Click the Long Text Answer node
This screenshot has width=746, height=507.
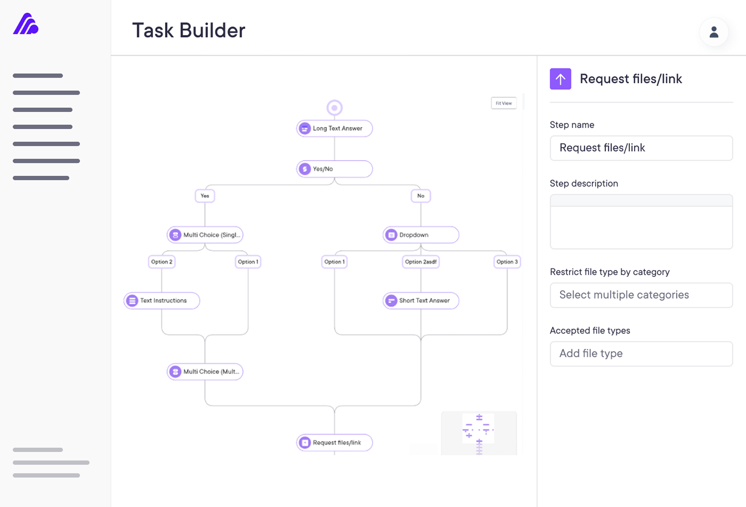point(334,128)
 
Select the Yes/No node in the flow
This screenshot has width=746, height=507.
point(334,169)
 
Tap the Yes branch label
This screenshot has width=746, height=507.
point(205,196)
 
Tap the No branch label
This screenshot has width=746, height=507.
point(420,196)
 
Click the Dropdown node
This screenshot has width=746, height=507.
point(420,235)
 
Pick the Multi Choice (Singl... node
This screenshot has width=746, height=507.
point(205,235)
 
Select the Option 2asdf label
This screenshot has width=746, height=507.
point(420,262)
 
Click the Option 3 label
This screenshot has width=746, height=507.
point(507,262)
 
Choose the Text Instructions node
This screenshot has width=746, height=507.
point(162,301)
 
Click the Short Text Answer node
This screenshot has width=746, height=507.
point(420,301)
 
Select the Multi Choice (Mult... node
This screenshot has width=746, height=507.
point(205,371)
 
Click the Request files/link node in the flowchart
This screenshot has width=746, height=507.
point(334,442)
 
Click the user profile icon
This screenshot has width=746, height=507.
point(714,32)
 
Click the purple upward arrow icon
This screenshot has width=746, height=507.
point(560,79)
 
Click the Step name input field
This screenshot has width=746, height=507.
point(641,148)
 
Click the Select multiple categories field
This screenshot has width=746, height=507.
point(641,295)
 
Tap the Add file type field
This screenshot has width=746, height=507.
point(641,354)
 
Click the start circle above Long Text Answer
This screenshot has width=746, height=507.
point(334,108)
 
